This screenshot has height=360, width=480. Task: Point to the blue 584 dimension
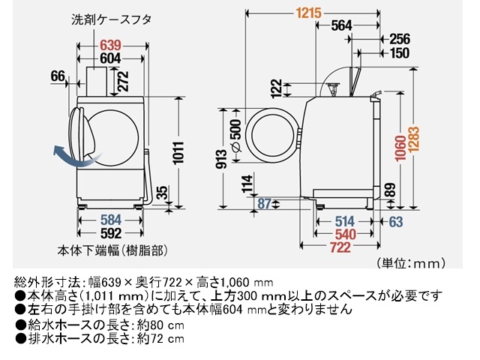tap(111, 220)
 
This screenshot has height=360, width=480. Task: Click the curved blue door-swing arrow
tap(66, 156)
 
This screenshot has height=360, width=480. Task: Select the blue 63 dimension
tap(396, 220)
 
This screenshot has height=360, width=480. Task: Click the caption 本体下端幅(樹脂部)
tap(109, 248)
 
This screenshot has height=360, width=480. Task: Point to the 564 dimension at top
tap(341, 25)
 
